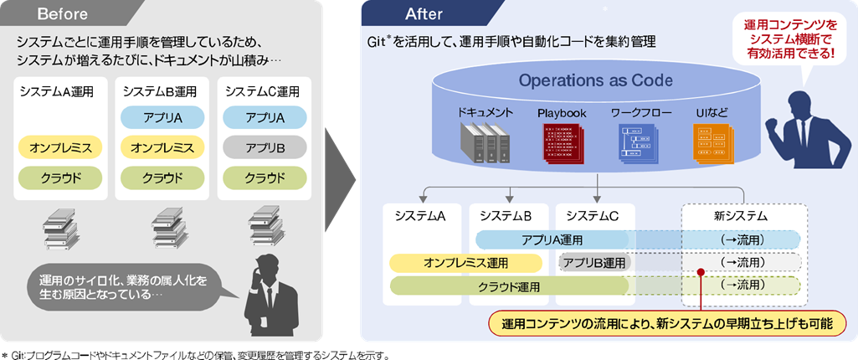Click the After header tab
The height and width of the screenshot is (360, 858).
(x=419, y=13)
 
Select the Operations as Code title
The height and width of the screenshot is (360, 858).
(x=595, y=80)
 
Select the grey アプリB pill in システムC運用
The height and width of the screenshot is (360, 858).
(x=264, y=147)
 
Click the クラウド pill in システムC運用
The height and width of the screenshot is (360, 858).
(x=264, y=177)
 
